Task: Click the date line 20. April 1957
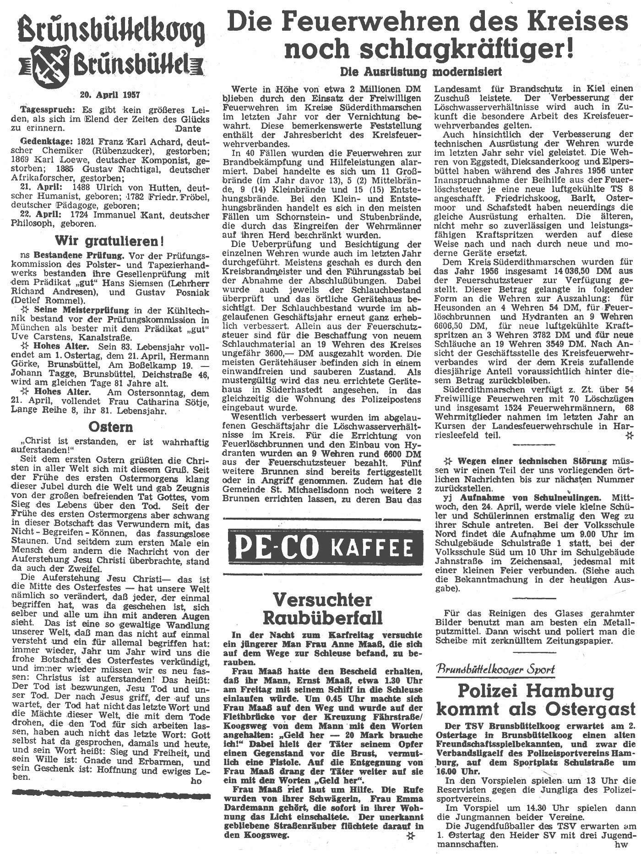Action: pos(110,95)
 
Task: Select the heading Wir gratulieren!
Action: pos(109,241)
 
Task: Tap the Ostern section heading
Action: pos(111,427)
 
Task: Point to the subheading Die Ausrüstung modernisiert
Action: pos(420,71)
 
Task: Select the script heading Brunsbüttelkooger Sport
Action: pos(496,669)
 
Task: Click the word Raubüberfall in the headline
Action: pos(322,618)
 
